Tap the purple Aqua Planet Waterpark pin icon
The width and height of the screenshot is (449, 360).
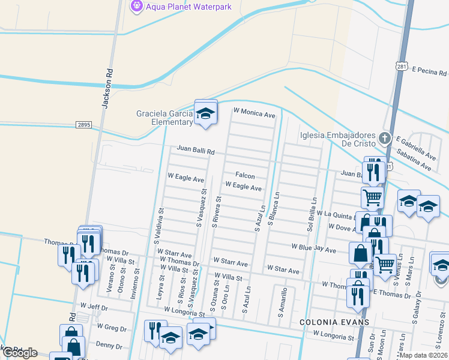click(136, 6)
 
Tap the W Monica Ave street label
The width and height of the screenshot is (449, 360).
click(254, 112)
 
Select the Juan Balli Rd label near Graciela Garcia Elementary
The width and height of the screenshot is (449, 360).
click(196, 151)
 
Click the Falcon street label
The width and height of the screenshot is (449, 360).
click(245, 176)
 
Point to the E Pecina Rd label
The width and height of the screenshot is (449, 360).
click(429, 71)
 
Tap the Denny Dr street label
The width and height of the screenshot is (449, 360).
click(109, 346)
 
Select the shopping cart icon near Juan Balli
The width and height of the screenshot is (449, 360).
click(372, 196)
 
